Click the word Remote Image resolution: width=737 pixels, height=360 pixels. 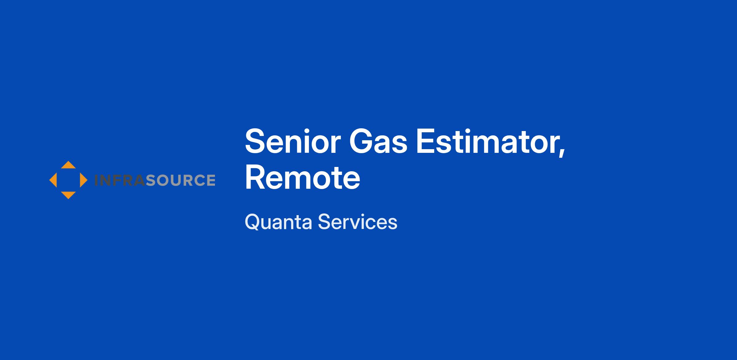pyautogui.click(x=302, y=178)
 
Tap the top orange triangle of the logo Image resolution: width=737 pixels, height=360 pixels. pyautogui.click(x=68, y=165)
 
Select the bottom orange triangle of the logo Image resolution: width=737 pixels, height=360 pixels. pyautogui.click(x=68, y=195)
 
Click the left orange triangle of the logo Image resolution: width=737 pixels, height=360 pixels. pyautogui.click(x=53, y=180)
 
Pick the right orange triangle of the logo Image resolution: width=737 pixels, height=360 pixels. pyautogui.click(x=83, y=180)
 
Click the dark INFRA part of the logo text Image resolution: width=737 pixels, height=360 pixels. pyautogui.click(x=119, y=180)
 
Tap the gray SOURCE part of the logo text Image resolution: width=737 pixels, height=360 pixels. pyautogui.click(x=180, y=180)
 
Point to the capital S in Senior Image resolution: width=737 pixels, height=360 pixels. pyautogui.click(x=256, y=141)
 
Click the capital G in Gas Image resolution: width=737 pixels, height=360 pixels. pyautogui.click(x=361, y=141)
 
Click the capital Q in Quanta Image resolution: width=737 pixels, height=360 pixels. pyautogui.click(x=253, y=222)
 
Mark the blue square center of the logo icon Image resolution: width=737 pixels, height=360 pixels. pyautogui.click(x=68, y=180)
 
